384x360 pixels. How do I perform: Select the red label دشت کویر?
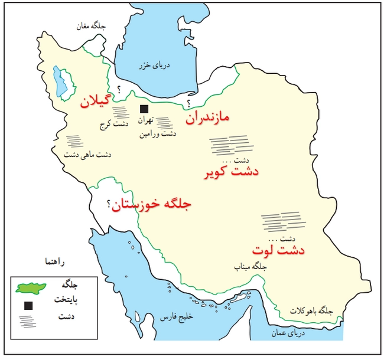pos(235,173)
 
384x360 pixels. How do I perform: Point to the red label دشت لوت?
pos(278,250)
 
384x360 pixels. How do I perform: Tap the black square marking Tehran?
pos(143,109)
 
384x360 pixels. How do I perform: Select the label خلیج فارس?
pos(179,318)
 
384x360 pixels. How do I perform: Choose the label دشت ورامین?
pos(158,134)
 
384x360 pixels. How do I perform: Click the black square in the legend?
pos(28,306)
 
